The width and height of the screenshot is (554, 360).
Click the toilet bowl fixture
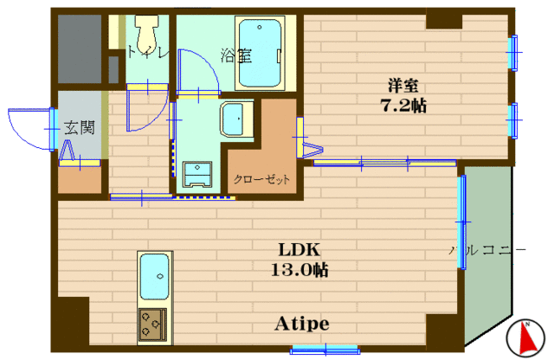coord(147,35)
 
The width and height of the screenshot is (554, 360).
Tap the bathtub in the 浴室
coord(260,53)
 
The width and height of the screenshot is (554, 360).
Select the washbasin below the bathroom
coord(236,119)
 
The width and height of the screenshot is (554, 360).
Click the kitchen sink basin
coord(154,277)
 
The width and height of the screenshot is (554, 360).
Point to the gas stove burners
coord(152,325)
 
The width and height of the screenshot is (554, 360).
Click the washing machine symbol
coord(197,174)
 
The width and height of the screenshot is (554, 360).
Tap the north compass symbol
coord(525,338)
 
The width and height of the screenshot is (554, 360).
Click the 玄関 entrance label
coord(80,127)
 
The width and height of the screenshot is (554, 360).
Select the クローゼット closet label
coord(261,179)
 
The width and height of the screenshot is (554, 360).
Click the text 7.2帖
coord(403,106)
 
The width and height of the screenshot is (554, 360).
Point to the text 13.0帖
coord(300,270)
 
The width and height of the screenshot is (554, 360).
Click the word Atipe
coord(302,324)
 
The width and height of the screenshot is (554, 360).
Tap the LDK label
coord(300,250)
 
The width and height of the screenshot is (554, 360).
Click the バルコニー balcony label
coord(486,250)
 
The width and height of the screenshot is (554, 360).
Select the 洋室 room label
coord(403,86)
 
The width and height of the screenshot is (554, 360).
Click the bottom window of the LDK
coord(325,350)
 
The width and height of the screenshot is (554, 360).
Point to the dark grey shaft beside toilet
coord(80,48)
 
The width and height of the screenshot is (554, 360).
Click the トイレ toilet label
coord(147,52)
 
